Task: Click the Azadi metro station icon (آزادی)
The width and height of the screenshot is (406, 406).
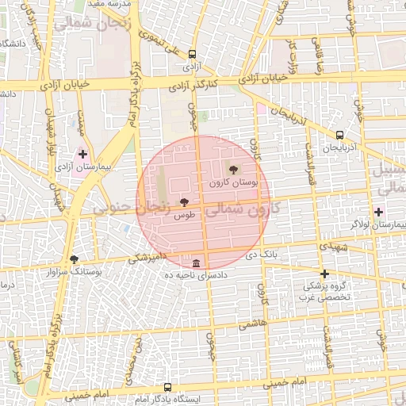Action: [192, 55]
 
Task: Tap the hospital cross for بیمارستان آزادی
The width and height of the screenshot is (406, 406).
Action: [82, 153]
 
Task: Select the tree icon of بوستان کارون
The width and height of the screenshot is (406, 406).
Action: [232, 169]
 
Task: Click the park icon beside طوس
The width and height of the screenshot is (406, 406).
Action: [185, 203]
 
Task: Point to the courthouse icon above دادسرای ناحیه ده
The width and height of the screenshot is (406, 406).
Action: [196, 263]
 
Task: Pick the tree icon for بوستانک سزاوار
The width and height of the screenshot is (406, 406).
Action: [75, 259]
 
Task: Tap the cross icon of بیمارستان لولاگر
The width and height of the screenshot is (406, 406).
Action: [378, 212]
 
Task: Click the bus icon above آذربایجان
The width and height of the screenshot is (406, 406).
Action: [339, 135]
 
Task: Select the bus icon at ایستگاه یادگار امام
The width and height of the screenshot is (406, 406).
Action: [167, 387]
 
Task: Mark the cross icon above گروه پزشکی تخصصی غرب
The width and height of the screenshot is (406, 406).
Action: [324, 274]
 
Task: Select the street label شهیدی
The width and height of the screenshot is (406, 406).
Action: [334, 247]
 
